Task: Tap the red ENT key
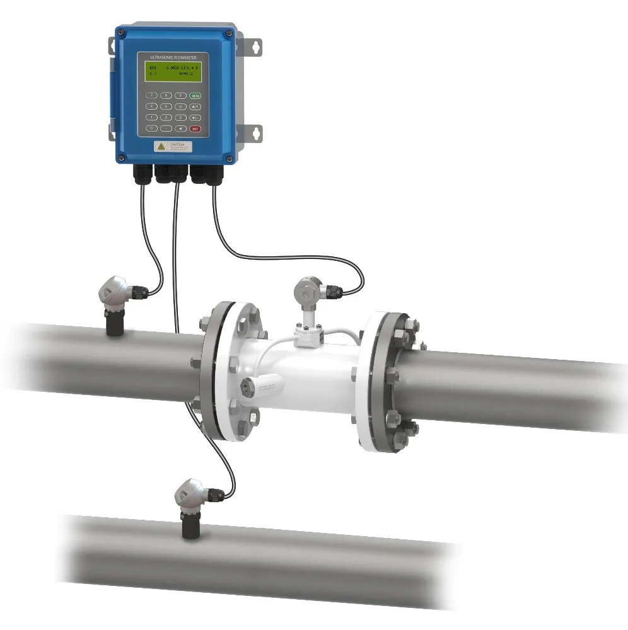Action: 195,129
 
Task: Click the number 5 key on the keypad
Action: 166,106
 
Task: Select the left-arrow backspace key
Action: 180,129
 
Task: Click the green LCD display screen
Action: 173,71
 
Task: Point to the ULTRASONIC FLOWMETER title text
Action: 173,57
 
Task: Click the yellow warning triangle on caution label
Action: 161,147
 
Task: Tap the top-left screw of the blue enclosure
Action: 121,32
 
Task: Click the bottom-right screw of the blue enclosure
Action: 229,158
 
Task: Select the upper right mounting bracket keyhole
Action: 256,47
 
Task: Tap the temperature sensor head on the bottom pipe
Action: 190,494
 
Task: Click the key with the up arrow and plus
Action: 195,106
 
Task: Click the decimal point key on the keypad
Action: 166,129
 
